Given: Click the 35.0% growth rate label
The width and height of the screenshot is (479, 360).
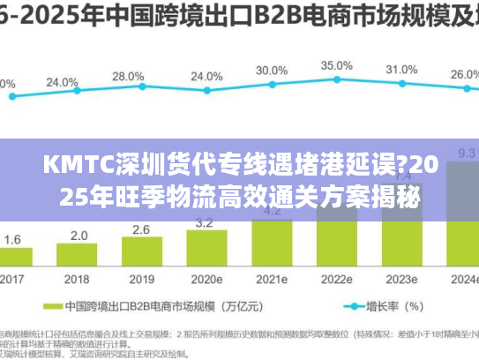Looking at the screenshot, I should click(x=336, y=66).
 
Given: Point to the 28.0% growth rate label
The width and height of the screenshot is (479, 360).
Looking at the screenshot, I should click(x=128, y=77).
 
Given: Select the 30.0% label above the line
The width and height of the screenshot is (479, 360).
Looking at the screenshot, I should click(x=271, y=71).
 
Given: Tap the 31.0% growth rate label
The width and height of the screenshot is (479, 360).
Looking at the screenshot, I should click(x=401, y=70).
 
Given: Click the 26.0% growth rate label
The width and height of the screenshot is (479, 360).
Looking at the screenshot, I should click(x=465, y=76).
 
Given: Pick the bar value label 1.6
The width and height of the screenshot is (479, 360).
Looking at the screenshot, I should click(x=13, y=239).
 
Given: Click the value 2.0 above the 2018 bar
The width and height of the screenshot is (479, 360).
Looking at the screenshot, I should click(x=79, y=236).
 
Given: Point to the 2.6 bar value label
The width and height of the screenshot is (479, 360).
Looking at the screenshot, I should click(x=142, y=230).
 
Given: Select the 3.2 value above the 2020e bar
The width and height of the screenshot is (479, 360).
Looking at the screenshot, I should click(x=206, y=222).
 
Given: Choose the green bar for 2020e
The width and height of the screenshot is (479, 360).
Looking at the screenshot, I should click(x=206, y=249).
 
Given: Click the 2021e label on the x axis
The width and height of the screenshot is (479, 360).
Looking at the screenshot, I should click(x=272, y=279).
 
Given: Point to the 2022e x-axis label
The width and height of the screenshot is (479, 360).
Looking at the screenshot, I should click(x=336, y=279).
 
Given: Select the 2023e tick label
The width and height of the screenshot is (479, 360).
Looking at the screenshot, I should click(x=401, y=279).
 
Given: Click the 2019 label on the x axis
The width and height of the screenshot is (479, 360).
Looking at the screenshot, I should click(x=142, y=279).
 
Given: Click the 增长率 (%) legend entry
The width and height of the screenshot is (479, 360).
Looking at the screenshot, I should click(x=395, y=307).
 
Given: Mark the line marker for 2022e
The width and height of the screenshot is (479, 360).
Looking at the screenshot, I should click(x=336, y=83).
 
